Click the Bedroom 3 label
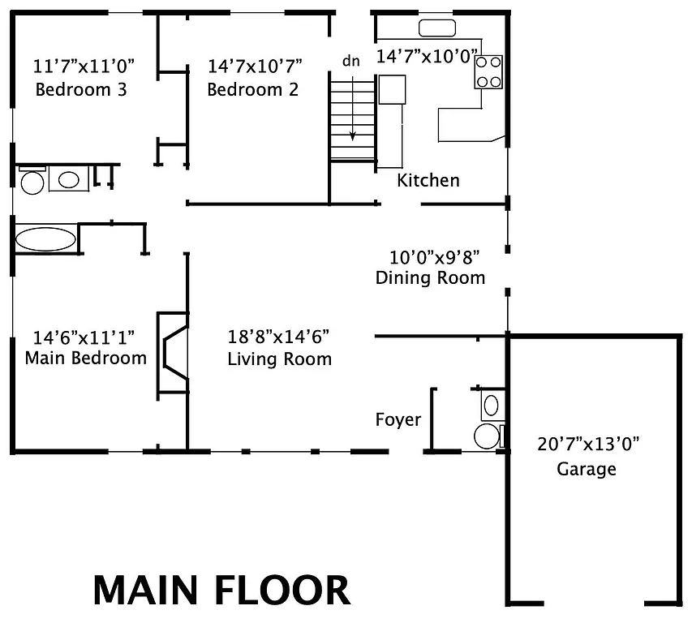pos(81,89)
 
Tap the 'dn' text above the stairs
pos(350,62)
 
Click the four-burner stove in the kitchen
pos(489,71)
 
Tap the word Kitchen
pos(428,180)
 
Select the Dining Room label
pos(430,278)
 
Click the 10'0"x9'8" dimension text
pos(434,258)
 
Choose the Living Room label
pos(279,359)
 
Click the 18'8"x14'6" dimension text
pos(278,337)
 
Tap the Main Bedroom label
pos(86,358)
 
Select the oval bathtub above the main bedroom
pos(46,239)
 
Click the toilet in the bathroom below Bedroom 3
pos(32,181)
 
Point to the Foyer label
pos(398,419)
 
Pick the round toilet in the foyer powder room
pos(488,435)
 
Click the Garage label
pos(586,469)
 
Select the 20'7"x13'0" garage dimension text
pos(588,444)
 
